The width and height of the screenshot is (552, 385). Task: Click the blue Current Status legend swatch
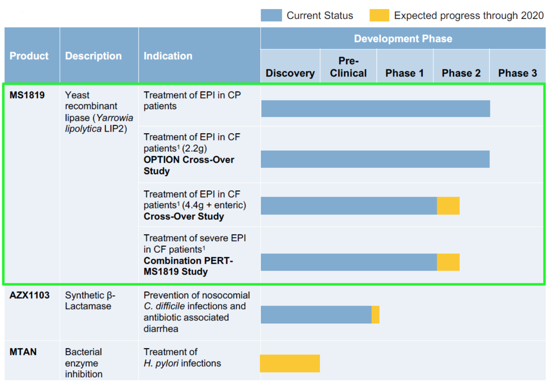(271, 15)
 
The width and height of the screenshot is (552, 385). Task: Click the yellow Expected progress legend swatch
(379, 15)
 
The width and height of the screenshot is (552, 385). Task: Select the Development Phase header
(403, 39)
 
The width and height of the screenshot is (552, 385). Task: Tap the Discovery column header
(290, 73)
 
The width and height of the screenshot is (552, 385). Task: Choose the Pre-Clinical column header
(348, 67)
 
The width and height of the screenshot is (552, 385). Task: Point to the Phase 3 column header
(517, 73)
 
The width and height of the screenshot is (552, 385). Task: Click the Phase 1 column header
(404, 73)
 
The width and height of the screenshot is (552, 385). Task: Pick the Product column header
(29, 56)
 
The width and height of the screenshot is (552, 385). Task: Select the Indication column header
(168, 56)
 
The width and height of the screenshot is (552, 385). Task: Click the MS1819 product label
(27, 95)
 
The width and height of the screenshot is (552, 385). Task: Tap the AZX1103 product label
(29, 295)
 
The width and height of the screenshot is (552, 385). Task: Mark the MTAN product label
(23, 352)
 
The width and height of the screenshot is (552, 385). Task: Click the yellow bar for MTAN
(290, 363)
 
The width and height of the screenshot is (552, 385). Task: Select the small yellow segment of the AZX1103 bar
(375, 315)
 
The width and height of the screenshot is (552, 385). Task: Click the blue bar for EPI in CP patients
(375, 109)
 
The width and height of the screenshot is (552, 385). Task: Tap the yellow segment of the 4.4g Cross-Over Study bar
(448, 206)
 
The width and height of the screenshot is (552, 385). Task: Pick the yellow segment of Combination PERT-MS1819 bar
(448, 262)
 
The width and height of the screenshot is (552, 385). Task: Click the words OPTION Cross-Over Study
(189, 165)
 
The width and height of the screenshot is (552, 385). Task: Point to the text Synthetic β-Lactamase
(90, 301)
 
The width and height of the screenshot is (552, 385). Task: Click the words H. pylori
(161, 363)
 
